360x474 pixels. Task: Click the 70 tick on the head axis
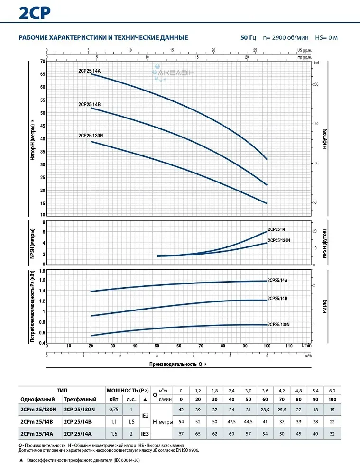coord(42,62)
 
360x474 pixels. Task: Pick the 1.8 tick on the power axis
coord(41,271)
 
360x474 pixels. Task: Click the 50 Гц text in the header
coord(248,38)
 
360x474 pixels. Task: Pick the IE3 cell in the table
coord(145,433)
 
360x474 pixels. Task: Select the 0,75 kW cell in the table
coord(114,410)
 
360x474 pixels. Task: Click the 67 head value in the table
coord(180,433)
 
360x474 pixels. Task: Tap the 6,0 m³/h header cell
coord(332,391)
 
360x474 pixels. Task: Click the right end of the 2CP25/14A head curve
coord(267,159)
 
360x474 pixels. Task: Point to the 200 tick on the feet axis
coord(316,84)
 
